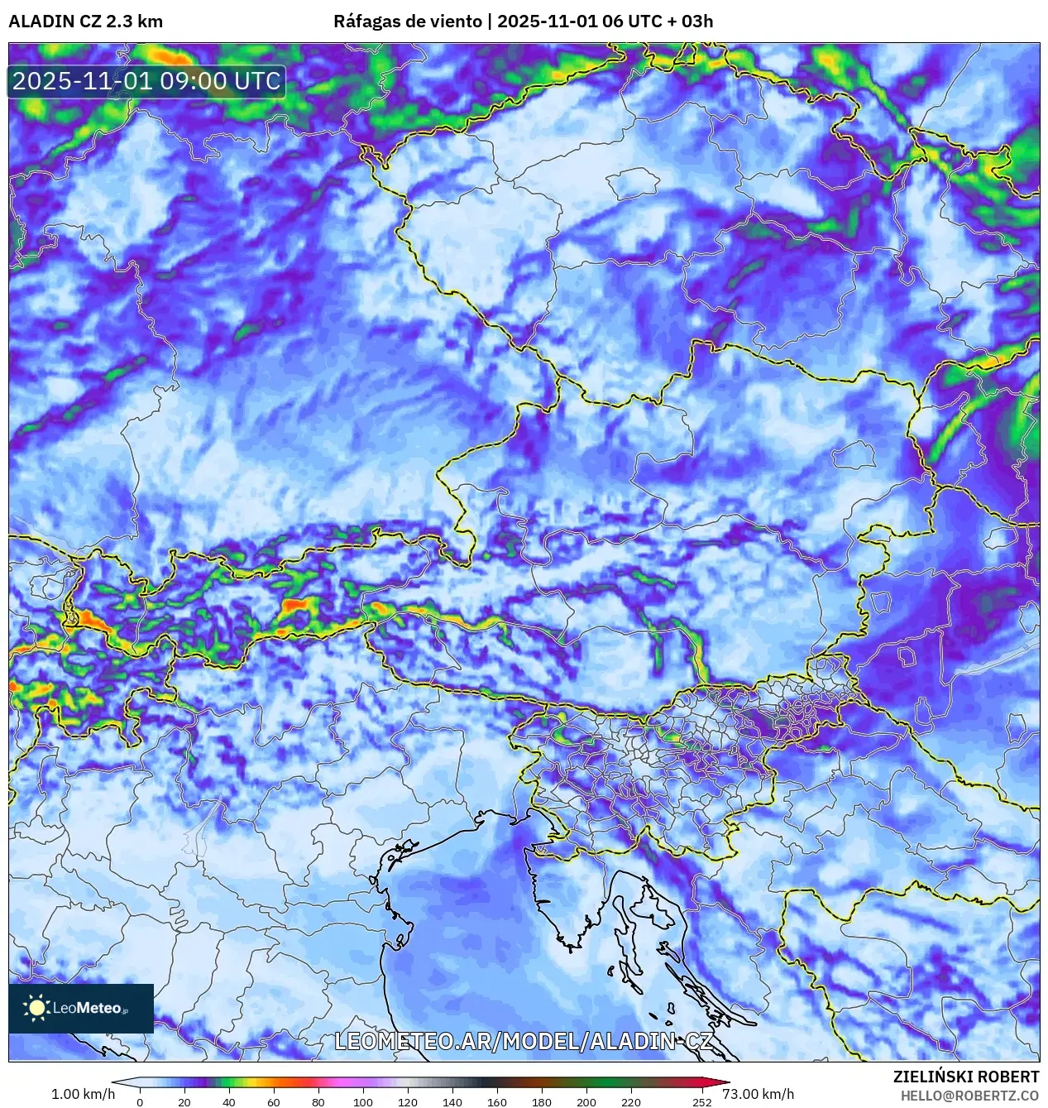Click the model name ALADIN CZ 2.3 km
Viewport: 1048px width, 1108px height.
[85, 22]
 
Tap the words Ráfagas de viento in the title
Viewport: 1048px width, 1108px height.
[408, 22]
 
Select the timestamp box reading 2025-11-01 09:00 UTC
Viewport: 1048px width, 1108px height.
[146, 81]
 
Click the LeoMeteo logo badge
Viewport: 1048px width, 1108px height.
[81, 1008]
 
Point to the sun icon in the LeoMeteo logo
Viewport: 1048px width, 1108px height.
[36, 1008]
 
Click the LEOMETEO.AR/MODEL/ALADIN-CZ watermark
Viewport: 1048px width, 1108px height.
[523, 1041]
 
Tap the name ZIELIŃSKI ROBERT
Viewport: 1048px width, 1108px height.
[965, 1077]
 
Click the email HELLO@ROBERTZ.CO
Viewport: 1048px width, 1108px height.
[969, 1096]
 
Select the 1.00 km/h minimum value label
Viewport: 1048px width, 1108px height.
[84, 1094]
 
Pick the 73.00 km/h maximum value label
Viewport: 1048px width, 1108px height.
[758, 1094]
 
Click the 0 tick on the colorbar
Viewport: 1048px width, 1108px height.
[139, 1101]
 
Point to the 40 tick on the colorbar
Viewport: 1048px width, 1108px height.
[229, 1101]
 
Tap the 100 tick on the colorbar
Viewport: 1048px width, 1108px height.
[363, 1101]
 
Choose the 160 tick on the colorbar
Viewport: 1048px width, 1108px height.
[497, 1101]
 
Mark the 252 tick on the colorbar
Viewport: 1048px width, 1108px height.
[702, 1101]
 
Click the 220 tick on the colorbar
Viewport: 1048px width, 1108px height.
[631, 1101]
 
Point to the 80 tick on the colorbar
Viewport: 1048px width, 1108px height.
[318, 1101]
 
